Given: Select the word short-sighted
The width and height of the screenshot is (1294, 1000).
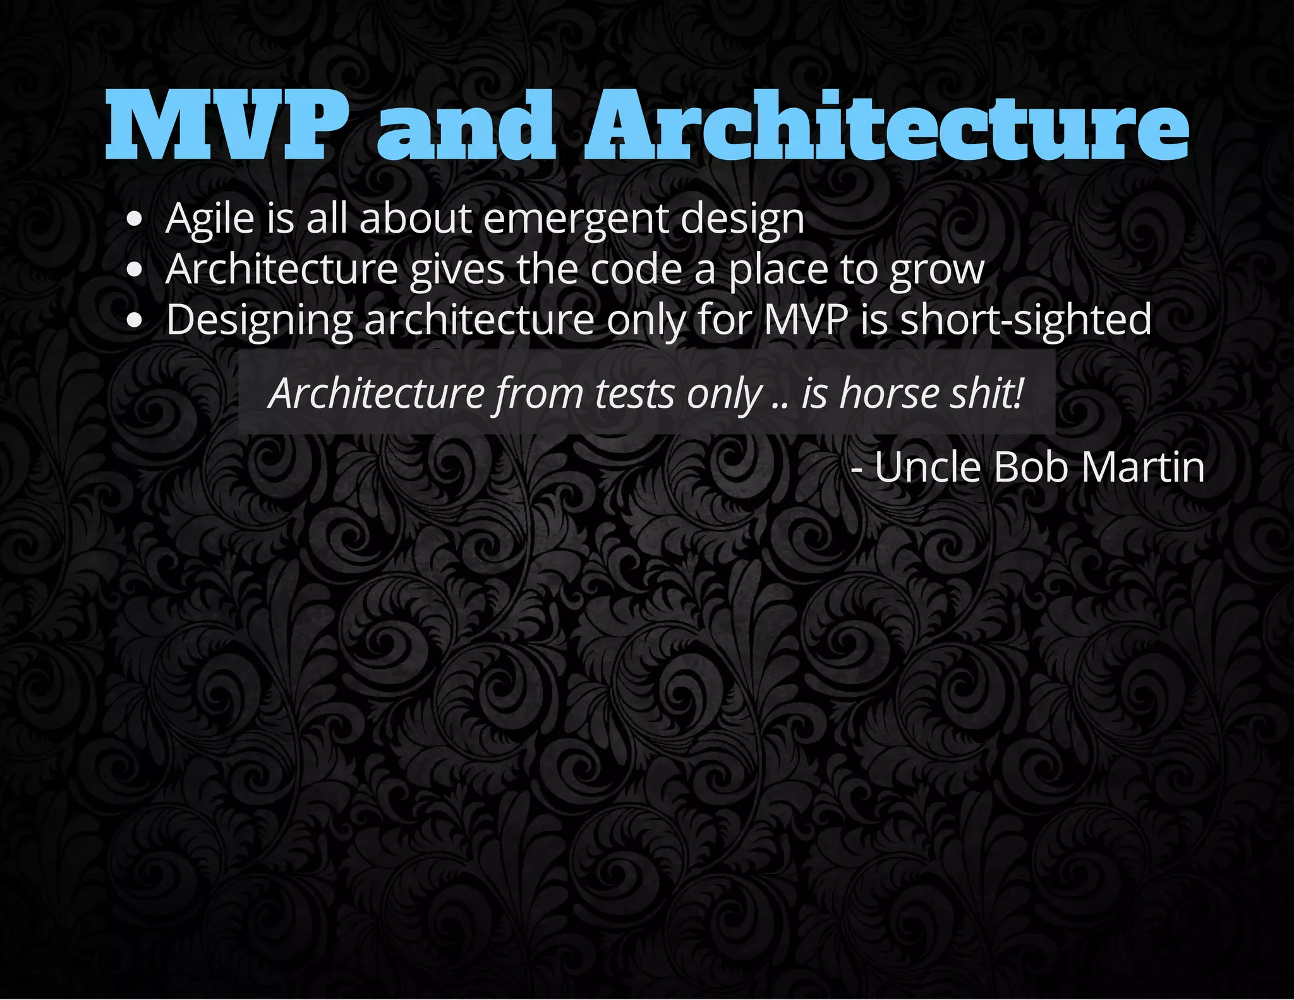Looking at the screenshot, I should tap(1025, 320).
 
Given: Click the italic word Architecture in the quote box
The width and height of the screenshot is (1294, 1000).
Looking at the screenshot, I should tap(377, 394).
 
